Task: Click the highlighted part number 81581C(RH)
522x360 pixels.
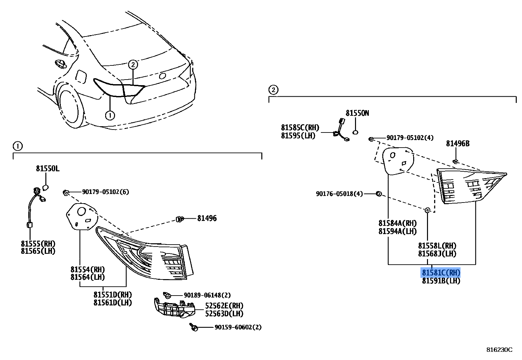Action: [x=441, y=273]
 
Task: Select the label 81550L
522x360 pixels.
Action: [x=48, y=169]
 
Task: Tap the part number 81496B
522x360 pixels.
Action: [x=458, y=144]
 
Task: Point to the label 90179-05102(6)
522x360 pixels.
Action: [x=106, y=192]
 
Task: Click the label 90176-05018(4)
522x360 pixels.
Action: [x=339, y=194]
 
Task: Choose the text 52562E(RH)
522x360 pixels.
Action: [x=224, y=306]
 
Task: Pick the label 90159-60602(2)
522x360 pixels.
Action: [x=238, y=327]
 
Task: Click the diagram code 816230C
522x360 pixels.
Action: [x=499, y=350]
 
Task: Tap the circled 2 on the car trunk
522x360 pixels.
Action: [x=133, y=64]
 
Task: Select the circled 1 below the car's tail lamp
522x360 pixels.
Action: [x=110, y=115]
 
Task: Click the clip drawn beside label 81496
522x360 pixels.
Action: [x=179, y=219]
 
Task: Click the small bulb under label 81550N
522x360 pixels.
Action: [x=355, y=132]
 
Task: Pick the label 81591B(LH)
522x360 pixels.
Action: [x=441, y=281]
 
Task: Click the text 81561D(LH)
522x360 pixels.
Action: [x=112, y=302]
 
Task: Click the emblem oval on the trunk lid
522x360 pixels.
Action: [x=162, y=76]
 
